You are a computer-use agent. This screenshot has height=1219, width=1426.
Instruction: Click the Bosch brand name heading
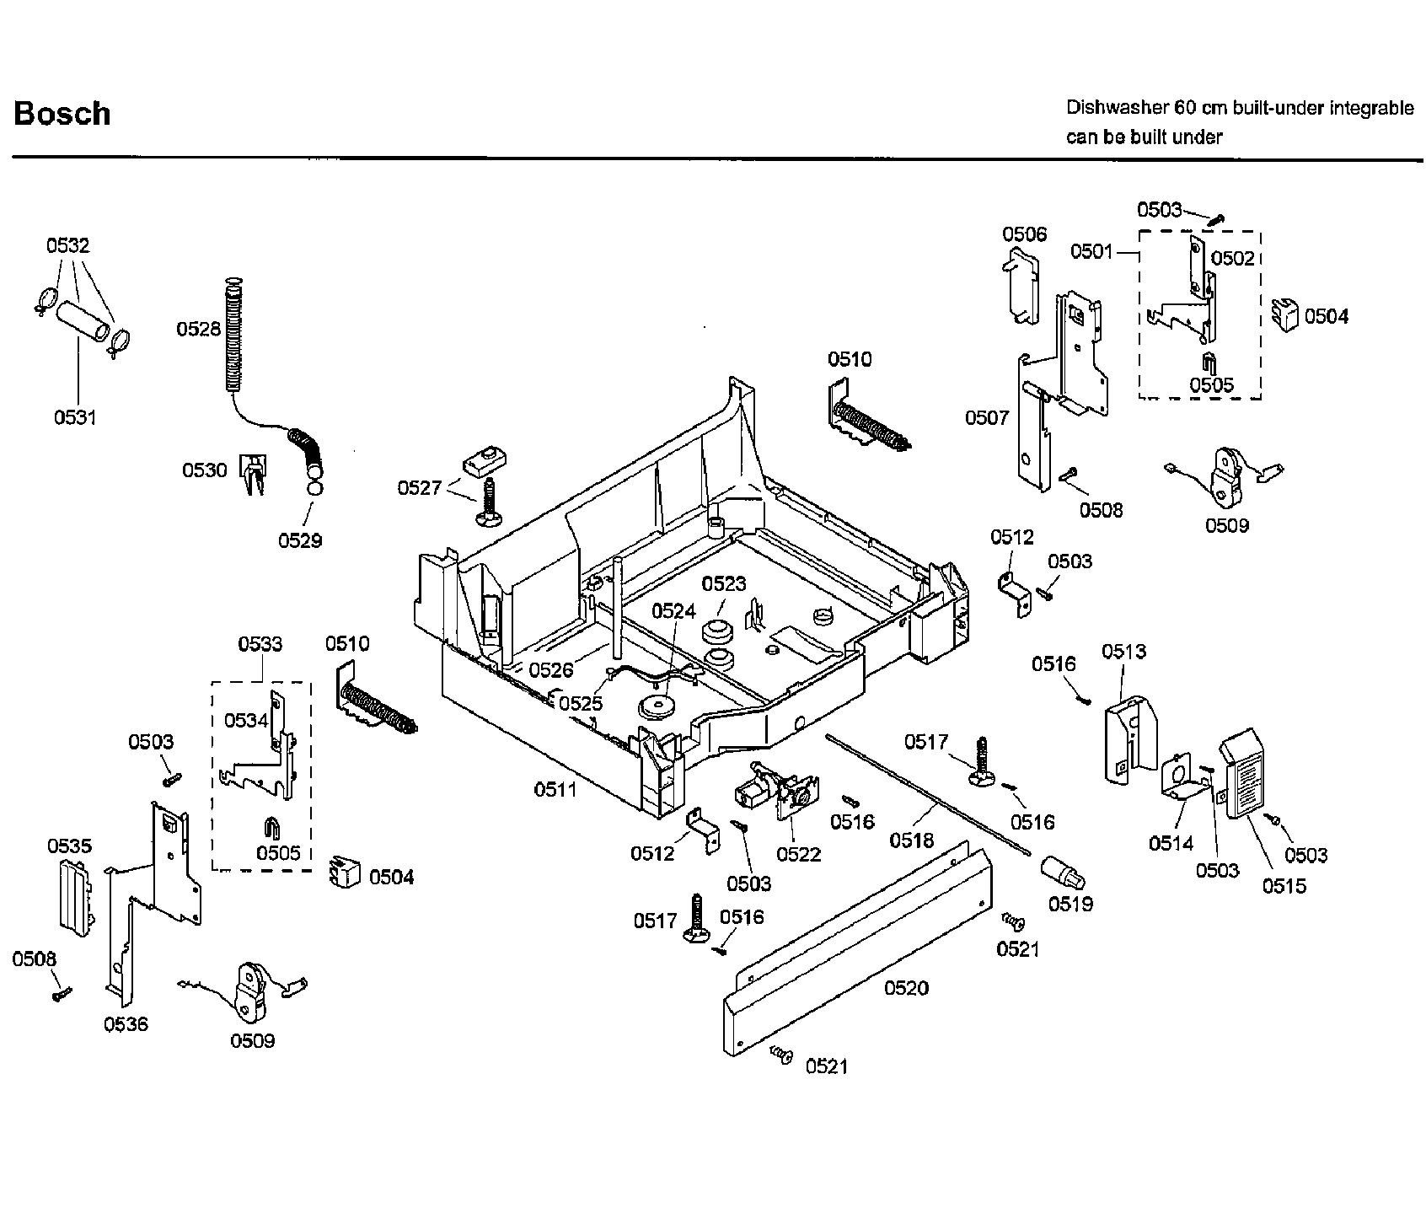coord(62,114)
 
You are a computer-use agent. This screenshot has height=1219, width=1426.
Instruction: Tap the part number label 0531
coord(76,416)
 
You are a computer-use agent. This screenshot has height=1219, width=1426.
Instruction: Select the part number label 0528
coord(198,329)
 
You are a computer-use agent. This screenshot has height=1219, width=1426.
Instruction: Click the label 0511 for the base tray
coord(555,790)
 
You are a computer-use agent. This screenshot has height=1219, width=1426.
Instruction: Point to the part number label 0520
coord(906,987)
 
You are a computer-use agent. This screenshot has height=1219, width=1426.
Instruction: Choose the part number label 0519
coord(1070,904)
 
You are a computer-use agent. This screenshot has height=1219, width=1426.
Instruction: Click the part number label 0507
coord(987,417)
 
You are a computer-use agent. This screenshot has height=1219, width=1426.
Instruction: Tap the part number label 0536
coord(126,1024)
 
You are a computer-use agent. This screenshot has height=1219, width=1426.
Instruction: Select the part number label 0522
coord(799,854)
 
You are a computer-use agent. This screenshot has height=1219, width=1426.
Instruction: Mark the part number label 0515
coord(1284,885)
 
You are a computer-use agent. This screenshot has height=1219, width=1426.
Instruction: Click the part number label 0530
coord(205,470)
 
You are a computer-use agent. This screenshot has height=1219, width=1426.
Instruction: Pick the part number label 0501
coord(1092,251)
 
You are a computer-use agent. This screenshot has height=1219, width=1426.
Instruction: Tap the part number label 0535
coord(70,846)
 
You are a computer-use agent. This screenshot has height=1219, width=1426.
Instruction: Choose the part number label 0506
coord(1024,234)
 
